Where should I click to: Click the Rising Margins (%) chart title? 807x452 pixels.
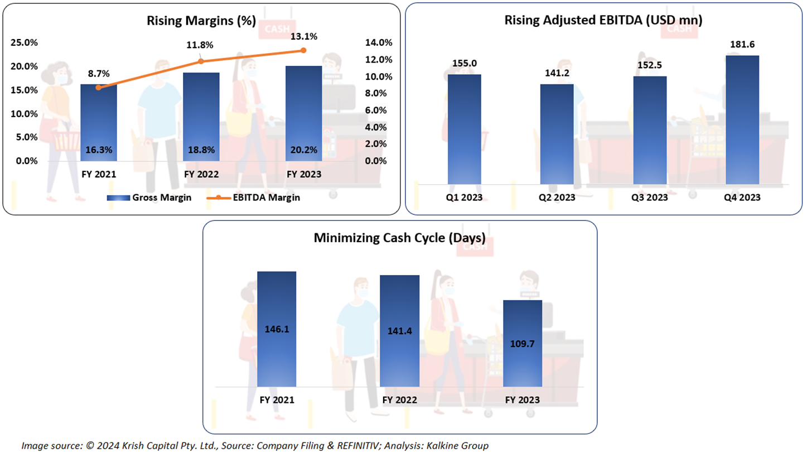click(x=201, y=21)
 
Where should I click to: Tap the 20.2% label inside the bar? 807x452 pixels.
click(x=303, y=150)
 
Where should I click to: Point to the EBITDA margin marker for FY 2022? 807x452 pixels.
click(x=201, y=61)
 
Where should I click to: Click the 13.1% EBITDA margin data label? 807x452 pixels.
click(x=303, y=37)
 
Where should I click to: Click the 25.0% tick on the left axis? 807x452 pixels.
click(x=25, y=43)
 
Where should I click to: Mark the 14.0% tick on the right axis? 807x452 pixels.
click(x=379, y=43)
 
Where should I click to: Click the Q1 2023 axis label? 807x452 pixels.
click(x=464, y=198)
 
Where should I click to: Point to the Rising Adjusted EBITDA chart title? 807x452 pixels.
click(x=603, y=21)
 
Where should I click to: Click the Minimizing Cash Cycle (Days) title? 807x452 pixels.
click(x=399, y=238)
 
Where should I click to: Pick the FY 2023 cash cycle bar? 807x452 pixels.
click(x=523, y=343)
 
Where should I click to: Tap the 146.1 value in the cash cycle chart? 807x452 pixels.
click(x=277, y=330)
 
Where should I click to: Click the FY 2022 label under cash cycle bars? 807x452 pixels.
click(x=399, y=400)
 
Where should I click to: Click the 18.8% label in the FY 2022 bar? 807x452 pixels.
click(x=201, y=150)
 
